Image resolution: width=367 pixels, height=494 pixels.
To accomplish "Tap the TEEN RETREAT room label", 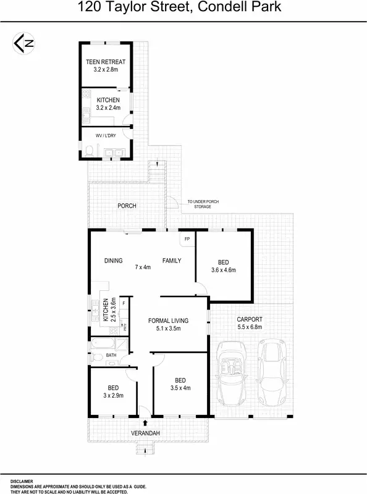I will click(x=105, y=62).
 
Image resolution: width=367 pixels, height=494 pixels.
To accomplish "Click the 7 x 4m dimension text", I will click(x=143, y=267).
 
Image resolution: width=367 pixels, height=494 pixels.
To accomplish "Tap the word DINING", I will click(x=113, y=261).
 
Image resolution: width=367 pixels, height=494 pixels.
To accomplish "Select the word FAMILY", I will click(x=172, y=261).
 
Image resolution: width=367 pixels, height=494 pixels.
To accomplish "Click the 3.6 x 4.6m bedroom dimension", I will click(x=224, y=270).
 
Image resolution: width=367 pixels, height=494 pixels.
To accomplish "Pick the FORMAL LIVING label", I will click(x=168, y=320).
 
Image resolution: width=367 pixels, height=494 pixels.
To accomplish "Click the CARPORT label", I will click(x=250, y=319).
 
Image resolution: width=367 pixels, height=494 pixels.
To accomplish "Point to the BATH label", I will click(x=111, y=355).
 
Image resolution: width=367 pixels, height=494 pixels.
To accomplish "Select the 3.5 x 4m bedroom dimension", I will click(x=180, y=388).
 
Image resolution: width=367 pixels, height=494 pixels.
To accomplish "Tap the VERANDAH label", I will click(x=145, y=434).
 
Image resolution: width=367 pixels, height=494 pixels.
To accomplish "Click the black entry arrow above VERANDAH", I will click(x=145, y=423).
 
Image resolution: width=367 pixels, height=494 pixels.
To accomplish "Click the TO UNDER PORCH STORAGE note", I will click(x=203, y=204).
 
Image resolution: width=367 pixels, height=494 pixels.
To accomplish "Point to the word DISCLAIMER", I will click(x=22, y=481).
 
